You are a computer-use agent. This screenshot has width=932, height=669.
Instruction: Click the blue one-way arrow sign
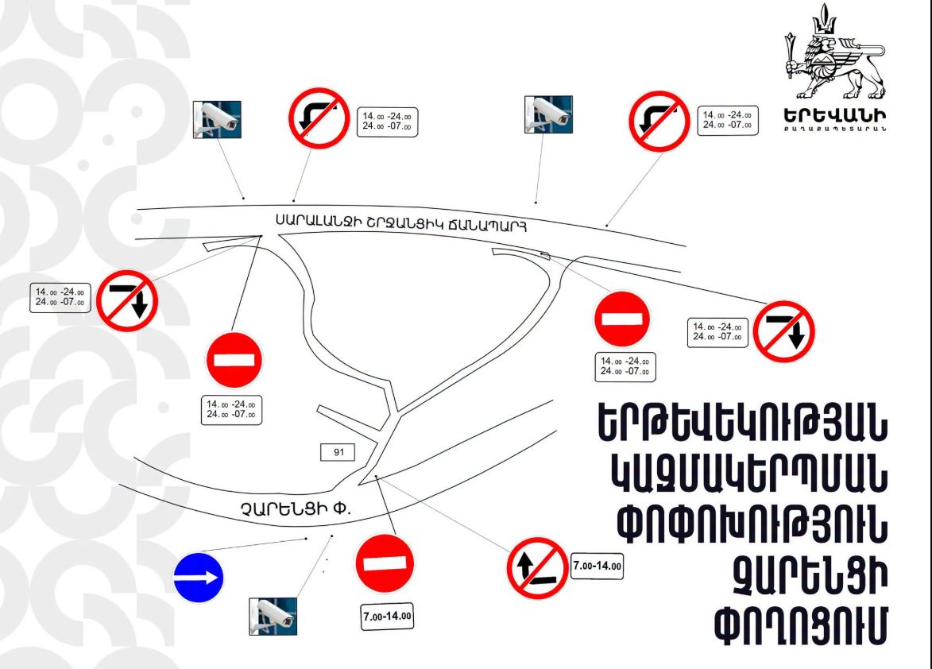[199, 578]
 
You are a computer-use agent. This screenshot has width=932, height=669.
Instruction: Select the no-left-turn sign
[537, 568]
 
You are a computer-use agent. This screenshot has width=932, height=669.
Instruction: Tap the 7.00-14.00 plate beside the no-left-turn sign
[597, 567]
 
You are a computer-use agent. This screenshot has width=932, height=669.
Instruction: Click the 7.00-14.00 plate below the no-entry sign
[387, 616]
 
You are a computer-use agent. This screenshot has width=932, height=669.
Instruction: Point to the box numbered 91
[338, 452]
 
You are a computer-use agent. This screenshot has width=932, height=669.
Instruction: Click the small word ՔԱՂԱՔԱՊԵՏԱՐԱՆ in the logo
[835, 129]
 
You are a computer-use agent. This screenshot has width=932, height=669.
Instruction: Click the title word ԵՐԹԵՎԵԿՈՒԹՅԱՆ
[742, 423]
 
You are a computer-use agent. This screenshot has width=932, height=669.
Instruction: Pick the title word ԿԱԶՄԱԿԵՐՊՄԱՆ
[750, 474]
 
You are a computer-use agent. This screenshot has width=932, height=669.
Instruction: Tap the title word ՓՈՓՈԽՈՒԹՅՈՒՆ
[752, 524]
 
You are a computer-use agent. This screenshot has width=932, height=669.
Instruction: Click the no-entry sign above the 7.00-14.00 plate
[385, 563]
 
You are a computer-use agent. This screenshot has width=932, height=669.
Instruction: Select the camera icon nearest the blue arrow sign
[273, 616]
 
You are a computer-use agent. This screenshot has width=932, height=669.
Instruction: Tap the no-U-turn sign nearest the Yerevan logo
[659, 121]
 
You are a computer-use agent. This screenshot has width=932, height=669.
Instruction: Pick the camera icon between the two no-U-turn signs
[548, 114]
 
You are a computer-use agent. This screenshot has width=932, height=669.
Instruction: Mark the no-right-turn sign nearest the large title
[783, 331]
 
